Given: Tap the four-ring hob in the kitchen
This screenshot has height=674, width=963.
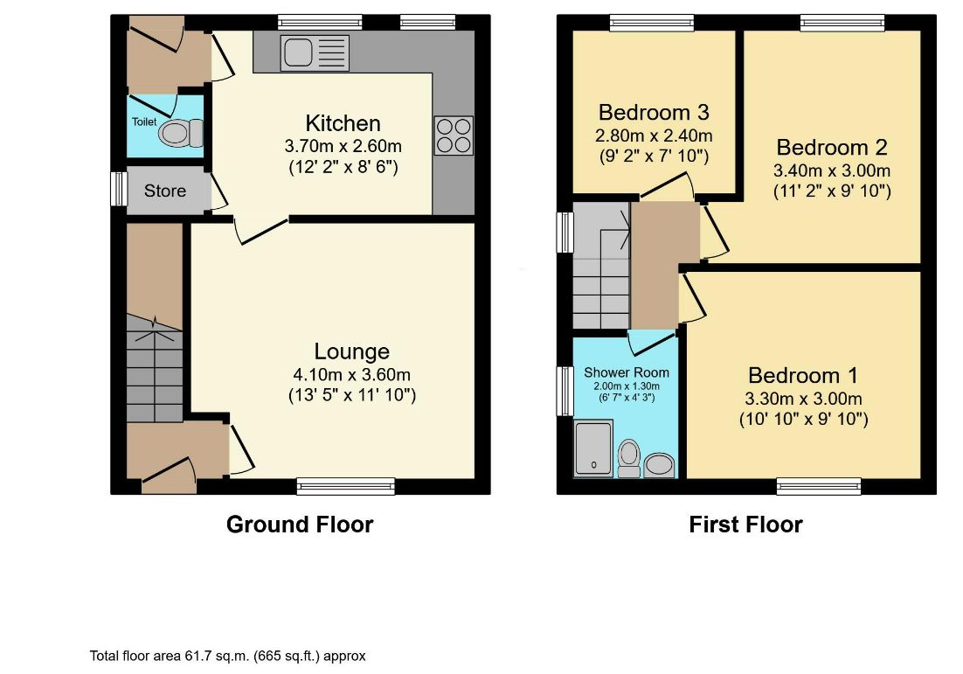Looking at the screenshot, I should (453, 135).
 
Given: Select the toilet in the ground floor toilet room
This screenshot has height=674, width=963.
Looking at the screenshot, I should (178, 134).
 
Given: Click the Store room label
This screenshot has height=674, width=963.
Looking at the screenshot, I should (165, 190).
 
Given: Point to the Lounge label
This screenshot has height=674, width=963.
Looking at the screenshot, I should (351, 351).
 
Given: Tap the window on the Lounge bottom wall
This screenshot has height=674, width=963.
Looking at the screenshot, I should (345, 486).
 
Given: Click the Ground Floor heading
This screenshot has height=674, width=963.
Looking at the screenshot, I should (300, 525).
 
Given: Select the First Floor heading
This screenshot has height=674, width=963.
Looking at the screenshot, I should (745, 525).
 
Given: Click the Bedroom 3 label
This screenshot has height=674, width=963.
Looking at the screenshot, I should (653, 113).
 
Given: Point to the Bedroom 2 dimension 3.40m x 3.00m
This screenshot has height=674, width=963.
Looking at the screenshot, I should (833, 170).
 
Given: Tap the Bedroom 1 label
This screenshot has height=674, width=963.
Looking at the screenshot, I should (803, 375).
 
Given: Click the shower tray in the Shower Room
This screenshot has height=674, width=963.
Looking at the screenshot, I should (594, 449).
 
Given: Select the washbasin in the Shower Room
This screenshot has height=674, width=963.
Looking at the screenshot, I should (659, 465).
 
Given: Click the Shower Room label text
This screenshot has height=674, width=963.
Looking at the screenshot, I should (627, 372).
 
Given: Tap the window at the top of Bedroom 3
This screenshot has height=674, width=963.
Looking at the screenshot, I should (652, 23).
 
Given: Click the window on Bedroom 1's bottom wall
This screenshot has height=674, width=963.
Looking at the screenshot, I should (819, 486).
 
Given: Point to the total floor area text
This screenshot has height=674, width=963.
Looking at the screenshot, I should (227, 655).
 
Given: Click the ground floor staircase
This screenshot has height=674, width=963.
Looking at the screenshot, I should (154, 367).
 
